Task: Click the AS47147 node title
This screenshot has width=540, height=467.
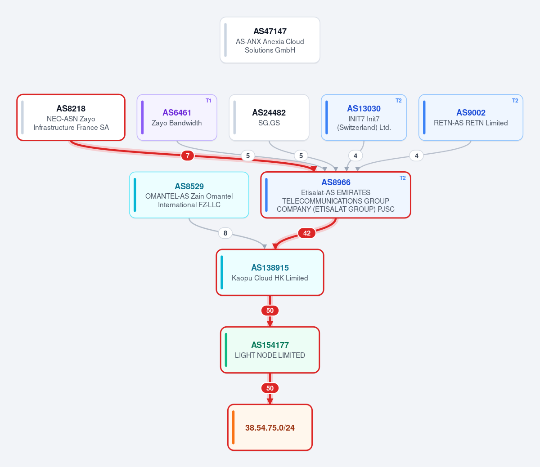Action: (x=270, y=31)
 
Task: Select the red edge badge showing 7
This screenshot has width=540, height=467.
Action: (x=188, y=156)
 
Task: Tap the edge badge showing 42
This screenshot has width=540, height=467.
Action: (x=307, y=233)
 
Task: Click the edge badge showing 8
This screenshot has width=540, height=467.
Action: (x=225, y=233)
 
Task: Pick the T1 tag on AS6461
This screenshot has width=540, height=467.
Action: (x=208, y=101)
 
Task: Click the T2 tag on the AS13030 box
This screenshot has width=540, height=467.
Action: (x=398, y=101)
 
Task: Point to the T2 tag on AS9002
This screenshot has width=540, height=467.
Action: (x=515, y=101)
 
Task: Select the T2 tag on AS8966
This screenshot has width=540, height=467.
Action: (x=403, y=178)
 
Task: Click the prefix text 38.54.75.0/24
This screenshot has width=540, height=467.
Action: (x=270, y=427)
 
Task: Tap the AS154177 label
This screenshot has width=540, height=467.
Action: (x=270, y=345)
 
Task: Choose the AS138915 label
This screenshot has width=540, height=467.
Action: (x=270, y=268)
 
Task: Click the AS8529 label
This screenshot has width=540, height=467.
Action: (x=189, y=186)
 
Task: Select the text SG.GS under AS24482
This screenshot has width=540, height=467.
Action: (x=269, y=123)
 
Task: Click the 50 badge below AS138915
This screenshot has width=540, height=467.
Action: (x=270, y=311)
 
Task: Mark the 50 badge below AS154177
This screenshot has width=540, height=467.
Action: (x=270, y=388)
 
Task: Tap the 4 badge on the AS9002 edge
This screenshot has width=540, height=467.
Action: (x=416, y=156)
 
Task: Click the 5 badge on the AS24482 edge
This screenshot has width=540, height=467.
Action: (x=301, y=156)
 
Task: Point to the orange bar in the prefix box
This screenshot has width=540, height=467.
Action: (x=233, y=427)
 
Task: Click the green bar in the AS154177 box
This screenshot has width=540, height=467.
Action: (x=226, y=350)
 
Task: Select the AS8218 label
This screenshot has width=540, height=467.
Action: (x=71, y=108)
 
